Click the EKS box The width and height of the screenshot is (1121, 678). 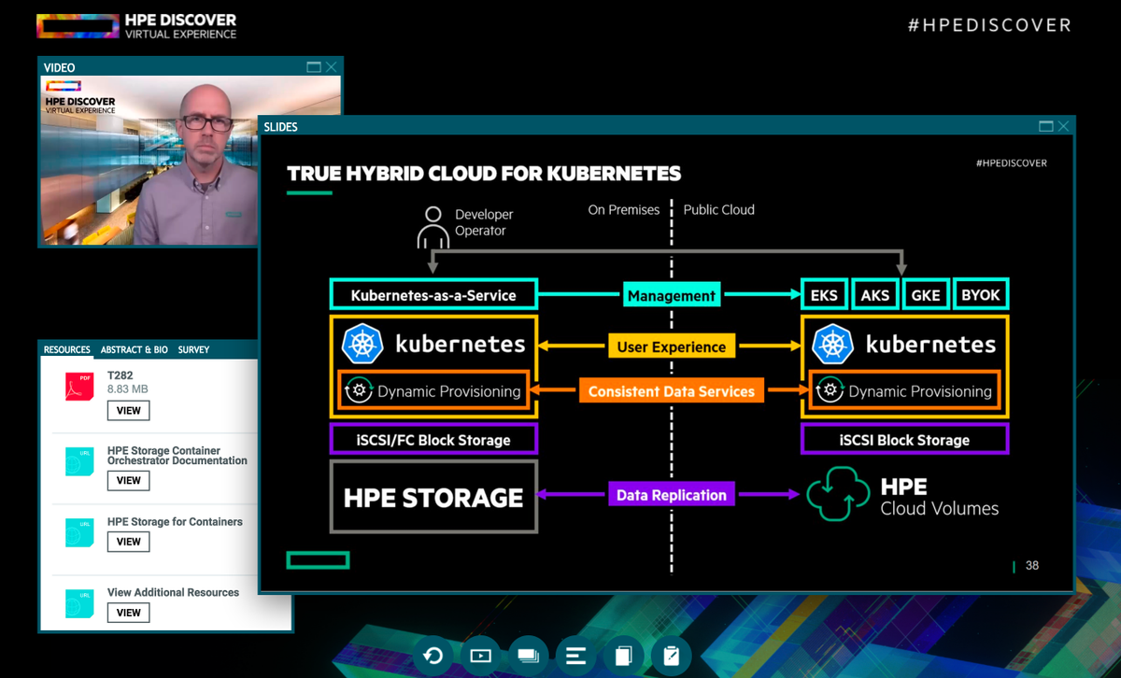tap(824, 295)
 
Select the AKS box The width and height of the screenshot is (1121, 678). tap(875, 295)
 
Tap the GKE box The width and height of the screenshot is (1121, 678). tap(926, 295)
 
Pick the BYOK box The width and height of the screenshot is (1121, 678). tap(981, 295)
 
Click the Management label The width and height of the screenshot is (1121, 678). tap(672, 296)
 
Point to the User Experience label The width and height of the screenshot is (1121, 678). tap(672, 346)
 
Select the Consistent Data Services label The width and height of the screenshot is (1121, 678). tap(672, 391)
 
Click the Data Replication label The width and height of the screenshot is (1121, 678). tap(672, 495)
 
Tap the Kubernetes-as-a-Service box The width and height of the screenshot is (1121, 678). tap(433, 295)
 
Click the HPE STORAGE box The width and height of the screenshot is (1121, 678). tap(433, 497)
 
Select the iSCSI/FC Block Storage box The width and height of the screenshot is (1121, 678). tap(433, 440)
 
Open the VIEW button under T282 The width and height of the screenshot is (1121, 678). tap(129, 410)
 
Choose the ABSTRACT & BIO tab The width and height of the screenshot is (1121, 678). tap(135, 349)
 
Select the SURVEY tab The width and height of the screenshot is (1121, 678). tap(193, 349)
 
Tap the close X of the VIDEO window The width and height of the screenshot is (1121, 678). tap(332, 67)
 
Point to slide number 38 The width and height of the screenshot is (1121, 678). tap(1031, 565)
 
